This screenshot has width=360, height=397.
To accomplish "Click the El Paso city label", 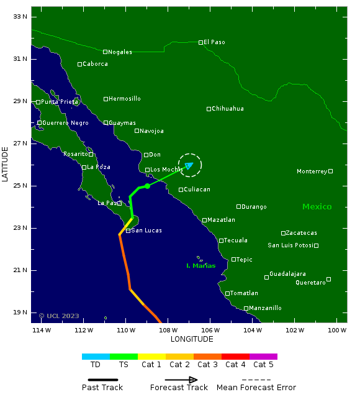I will click(x=214, y=42).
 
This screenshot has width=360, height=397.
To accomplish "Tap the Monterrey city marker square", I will click(x=331, y=171).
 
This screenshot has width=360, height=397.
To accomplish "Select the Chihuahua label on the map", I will click(x=228, y=109).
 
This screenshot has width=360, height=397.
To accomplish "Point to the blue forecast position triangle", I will click(x=189, y=165).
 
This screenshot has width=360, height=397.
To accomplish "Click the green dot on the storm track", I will click(x=147, y=186).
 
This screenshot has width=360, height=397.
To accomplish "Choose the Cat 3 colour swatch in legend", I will click(x=207, y=357).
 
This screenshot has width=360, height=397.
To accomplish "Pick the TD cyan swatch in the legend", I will click(x=96, y=357).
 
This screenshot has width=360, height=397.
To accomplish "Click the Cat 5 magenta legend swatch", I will click(x=263, y=357).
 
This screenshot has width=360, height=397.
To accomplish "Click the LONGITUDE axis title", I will click(x=192, y=339).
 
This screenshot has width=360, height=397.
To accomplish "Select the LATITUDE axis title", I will click(x=6, y=160).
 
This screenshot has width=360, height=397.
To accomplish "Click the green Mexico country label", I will click(x=317, y=207).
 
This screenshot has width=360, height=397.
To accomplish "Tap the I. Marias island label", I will click(x=201, y=266).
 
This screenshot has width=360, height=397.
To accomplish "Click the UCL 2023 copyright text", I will click(x=60, y=316).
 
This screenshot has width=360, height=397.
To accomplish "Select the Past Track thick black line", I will click(x=102, y=380).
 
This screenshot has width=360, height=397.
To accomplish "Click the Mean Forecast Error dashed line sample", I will click(x=256, y=380).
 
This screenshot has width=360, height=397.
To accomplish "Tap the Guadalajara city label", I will click(x=287, y=274).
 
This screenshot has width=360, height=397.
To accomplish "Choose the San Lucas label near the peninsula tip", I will click(x=146, y=230).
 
